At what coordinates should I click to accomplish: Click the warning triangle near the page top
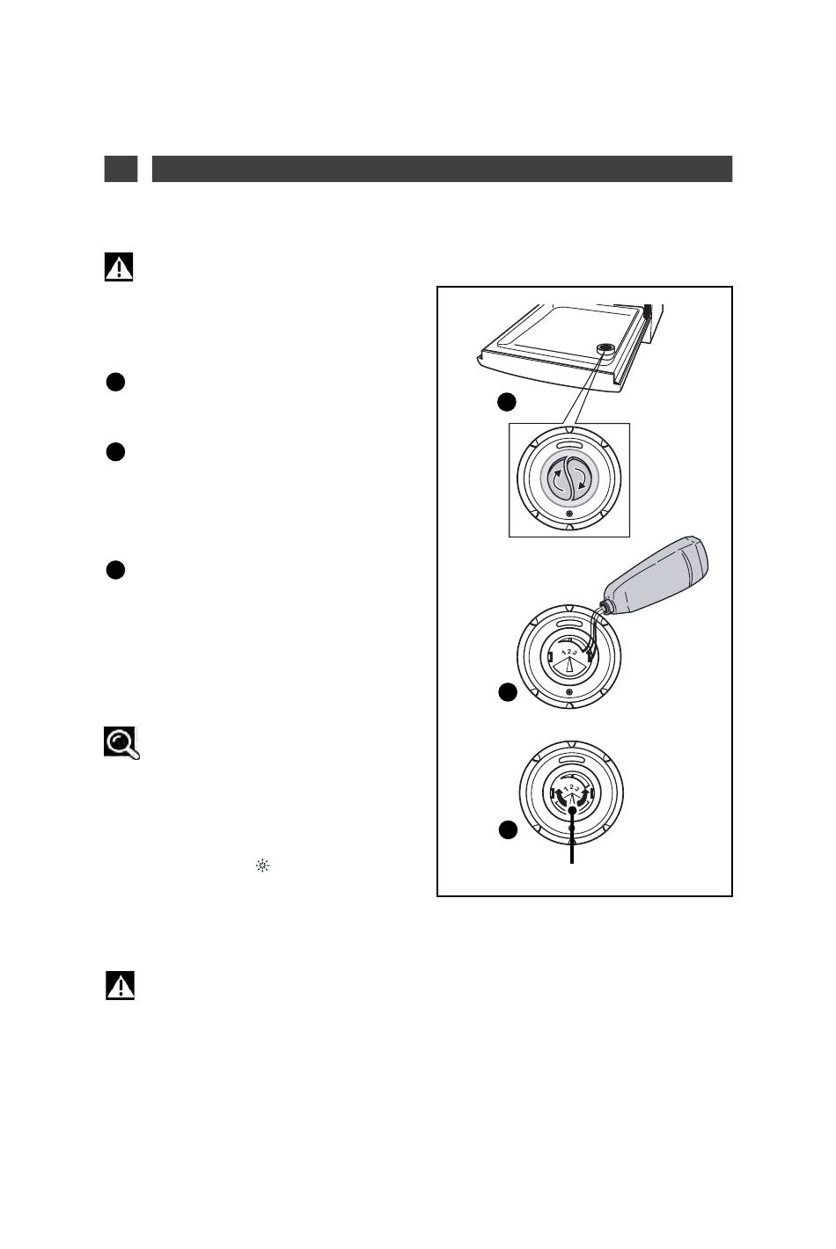point(119,267)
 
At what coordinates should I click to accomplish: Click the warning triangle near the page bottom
point(121,986)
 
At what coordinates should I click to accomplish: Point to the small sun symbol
point(261,866)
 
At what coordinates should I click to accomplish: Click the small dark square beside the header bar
point(121,169)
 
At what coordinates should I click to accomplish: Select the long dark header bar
point(442,169)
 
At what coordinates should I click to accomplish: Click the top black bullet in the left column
point(115,382)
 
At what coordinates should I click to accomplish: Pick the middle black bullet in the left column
point(115,452)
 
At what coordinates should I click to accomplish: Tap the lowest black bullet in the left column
point(115,570)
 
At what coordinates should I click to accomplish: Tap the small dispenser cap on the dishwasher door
point(605,349)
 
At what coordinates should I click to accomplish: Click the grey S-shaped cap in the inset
point(569,479)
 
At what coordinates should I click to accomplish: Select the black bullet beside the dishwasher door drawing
point(506,402)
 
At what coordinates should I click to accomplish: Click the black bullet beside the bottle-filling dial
point(506,693)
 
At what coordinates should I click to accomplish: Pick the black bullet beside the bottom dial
point(507,830)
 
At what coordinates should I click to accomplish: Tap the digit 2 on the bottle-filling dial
point(569,652)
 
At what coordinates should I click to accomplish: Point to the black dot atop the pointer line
point(572,810)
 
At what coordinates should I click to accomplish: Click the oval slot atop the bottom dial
point(570,758)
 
